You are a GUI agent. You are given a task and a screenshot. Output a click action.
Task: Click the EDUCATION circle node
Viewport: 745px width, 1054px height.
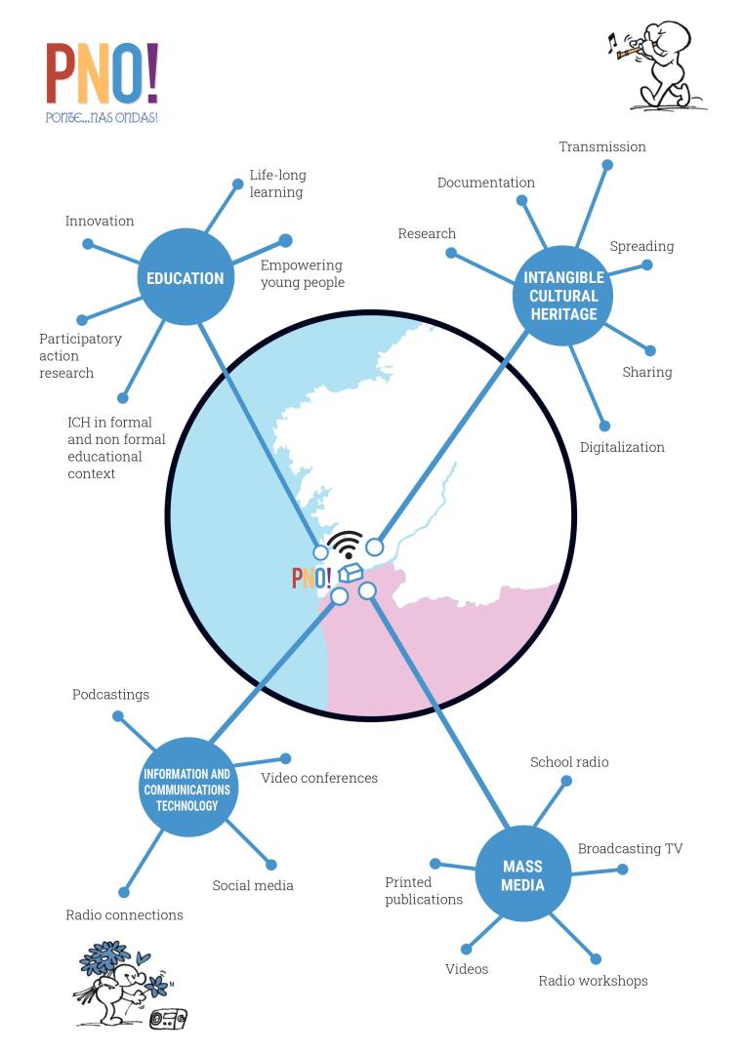click(x=185, y=278)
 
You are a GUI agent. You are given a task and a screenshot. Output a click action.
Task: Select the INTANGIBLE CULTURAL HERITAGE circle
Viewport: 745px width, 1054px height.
click(x=563, y=296)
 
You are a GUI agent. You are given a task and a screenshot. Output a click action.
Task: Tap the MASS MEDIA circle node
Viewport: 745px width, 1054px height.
click(x=522, y=875)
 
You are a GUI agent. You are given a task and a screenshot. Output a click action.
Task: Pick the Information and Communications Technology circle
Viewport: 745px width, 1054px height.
click(x=186, y=789)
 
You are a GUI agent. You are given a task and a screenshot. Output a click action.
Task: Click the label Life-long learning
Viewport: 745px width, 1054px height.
click(x=277, y=183)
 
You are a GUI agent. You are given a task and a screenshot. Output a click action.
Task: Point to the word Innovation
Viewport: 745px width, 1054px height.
click(x=100, y=222)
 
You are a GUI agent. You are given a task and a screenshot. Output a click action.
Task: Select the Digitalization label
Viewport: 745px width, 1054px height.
click(x=622, y=448)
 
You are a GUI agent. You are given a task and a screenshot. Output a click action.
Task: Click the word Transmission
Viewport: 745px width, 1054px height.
click(x=602, y=147)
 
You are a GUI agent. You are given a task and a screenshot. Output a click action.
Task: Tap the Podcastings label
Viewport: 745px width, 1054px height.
click(x=110, y=695)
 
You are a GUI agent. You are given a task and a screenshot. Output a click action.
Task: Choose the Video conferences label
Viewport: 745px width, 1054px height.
click(x=319, y=779)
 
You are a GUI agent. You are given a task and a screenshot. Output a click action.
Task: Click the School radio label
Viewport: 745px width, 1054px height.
click(x=569, y=762)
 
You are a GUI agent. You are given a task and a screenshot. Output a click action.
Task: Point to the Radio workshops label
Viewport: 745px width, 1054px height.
click(x=593, y=981)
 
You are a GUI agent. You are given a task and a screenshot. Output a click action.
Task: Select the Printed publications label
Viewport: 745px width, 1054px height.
click(x=424, y=891)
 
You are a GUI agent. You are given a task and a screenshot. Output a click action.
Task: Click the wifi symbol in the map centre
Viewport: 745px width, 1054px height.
click(x=345, y=545)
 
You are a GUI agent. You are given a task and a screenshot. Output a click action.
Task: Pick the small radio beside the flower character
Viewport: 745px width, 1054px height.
click(x=168, y=1018)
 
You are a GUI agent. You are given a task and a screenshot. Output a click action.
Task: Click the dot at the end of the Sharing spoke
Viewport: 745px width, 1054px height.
click(x=650, y=350)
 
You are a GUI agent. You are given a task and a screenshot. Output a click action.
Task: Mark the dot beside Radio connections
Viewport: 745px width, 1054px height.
click(x=124, y=892)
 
